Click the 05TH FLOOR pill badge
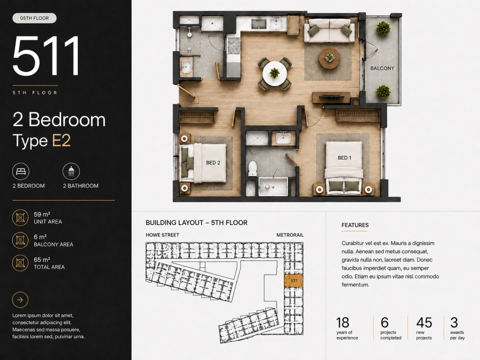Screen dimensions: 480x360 pos(35,18)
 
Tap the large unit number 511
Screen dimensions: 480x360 pos(46,55)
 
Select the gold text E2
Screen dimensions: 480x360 pos(61,140)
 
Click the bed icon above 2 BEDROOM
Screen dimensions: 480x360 pos(21,171)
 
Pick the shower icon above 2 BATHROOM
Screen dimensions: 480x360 pos(71,171)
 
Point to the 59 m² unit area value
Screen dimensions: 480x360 pos(42,214)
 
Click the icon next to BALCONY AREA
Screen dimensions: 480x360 pos(20,241)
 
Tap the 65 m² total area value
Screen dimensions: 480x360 pos(42,260)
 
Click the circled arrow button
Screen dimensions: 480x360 pos(20,300)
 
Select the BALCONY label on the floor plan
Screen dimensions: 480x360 pos(382,68)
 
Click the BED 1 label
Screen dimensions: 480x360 pos(345,158)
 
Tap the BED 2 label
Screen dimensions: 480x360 pos(213,163)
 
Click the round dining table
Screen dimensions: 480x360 pos(275,74)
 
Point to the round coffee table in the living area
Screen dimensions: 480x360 pos(330,58)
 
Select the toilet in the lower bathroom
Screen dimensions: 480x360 pos(253,169)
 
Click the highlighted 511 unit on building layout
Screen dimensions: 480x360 pos(294,281)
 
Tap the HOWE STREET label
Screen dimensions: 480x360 pos(163,235)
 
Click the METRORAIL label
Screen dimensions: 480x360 pos(290,235)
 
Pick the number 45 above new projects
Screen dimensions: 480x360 pos(424,323)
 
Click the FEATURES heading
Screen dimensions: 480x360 pos(355,225)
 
